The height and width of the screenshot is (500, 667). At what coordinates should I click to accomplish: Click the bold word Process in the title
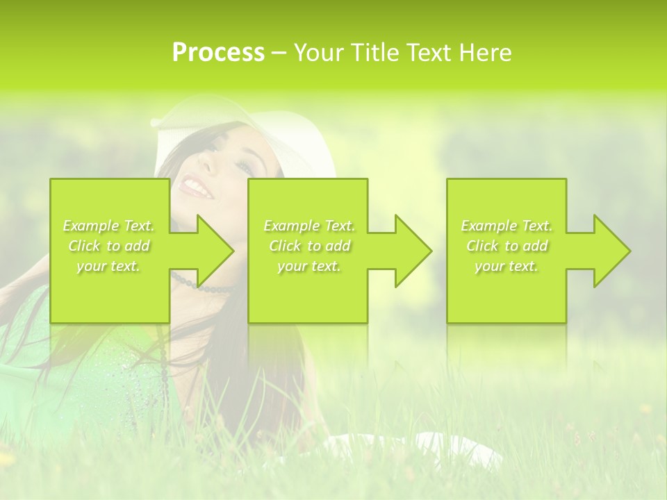coord(218,53)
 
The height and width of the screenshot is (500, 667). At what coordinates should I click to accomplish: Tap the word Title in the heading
coord(372,53)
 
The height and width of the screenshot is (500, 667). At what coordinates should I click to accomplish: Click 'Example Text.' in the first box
coord(109,226)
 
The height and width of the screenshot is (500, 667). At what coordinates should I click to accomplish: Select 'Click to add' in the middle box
coord(309,246)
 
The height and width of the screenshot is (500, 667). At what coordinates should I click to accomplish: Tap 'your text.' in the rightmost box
coord(507,266)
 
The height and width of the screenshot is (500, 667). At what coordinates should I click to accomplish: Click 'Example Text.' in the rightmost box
coord(507,226)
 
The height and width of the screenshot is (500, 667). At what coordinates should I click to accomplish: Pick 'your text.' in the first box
coord(109,266)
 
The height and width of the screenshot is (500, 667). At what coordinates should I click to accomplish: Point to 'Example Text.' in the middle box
coord(309,226)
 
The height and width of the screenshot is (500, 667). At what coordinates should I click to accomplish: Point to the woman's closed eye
coord(244,167)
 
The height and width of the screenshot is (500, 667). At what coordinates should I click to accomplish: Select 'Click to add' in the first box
coord(109,246)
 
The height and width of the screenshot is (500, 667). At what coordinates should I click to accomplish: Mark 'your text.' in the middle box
coord(309,266)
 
